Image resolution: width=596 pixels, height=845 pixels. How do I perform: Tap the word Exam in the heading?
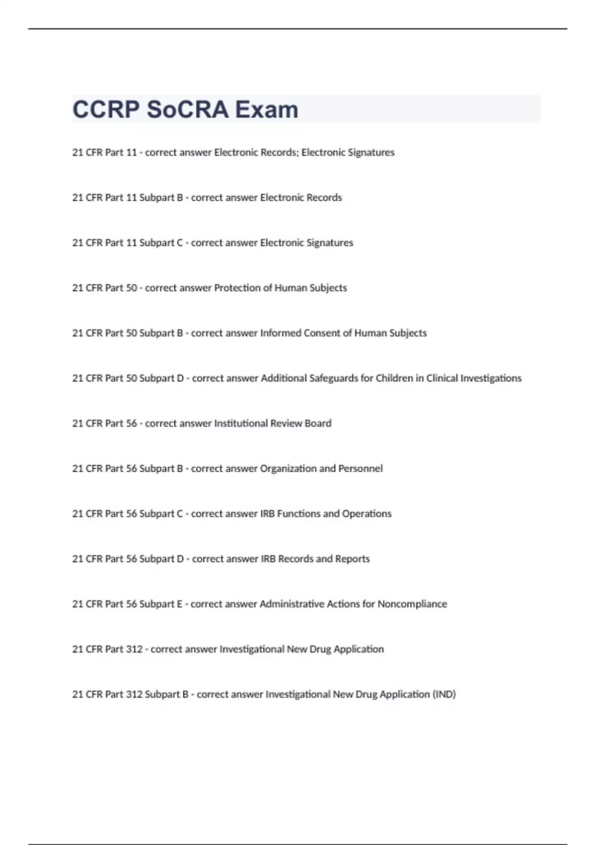tap(267, 109)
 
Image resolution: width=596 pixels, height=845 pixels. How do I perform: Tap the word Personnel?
tap(361, 468)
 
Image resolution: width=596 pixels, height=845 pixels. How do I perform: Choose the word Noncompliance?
tap(412, 604)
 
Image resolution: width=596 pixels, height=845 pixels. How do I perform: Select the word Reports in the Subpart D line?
tap(353, 559)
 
